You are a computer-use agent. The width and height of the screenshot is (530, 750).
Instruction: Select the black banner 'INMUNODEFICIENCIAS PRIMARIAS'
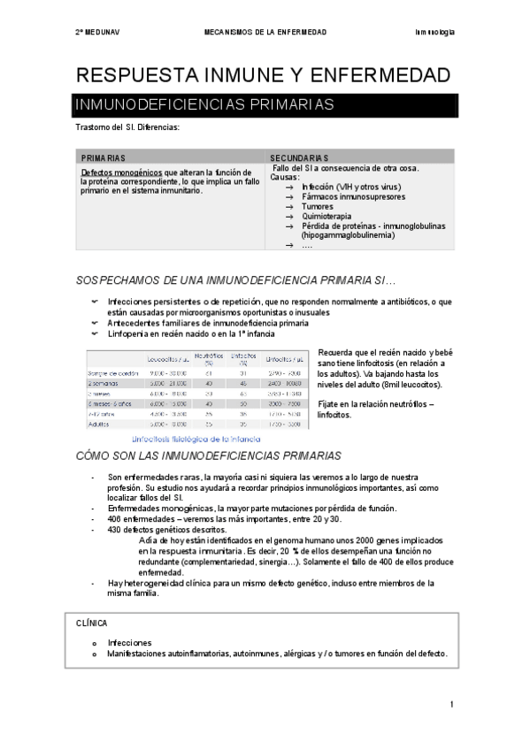pos(203,104)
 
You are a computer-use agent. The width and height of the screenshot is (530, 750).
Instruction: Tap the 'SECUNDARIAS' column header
pos(299,157)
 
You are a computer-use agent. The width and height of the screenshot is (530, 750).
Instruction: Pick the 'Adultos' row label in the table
pos(100,425)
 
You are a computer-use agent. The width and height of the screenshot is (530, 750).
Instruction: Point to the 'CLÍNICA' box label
pos(92,624)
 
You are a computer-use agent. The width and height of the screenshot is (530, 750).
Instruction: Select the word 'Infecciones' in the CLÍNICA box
pos(129,642)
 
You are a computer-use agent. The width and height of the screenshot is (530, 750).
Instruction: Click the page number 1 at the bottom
pos(451,704)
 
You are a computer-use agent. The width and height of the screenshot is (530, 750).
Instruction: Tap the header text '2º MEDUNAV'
pos(96,32)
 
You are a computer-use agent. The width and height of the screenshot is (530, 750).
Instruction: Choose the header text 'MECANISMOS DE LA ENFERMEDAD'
pos(265,32)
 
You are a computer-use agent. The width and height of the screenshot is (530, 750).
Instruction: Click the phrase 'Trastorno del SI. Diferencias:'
pos(128,127)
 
